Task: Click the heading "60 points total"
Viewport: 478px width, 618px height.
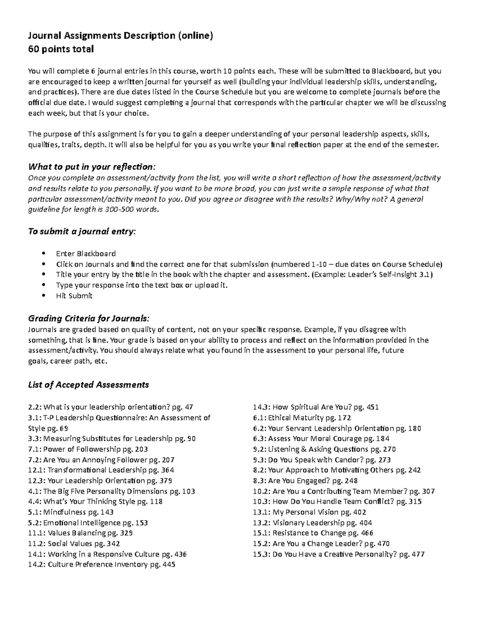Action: [x=61, y=49]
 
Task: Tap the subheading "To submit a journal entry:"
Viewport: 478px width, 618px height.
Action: [x=82, y=232]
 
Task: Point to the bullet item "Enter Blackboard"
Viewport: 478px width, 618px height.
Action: [x=86, y=254]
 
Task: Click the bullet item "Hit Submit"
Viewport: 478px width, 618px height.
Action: [x=74, y=296]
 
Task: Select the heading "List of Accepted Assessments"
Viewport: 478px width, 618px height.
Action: [x=88, y=385]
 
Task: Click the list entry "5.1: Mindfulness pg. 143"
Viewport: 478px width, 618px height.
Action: [x=71, y=512]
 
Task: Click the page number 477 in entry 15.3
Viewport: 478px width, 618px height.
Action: [x=418, y=554]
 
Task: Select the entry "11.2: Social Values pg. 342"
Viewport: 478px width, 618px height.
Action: [x=74, y=544]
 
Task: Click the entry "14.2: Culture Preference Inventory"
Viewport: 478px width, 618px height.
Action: [x=102, y=565]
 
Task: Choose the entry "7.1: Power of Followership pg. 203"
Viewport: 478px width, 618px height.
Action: [x=88, y=449]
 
